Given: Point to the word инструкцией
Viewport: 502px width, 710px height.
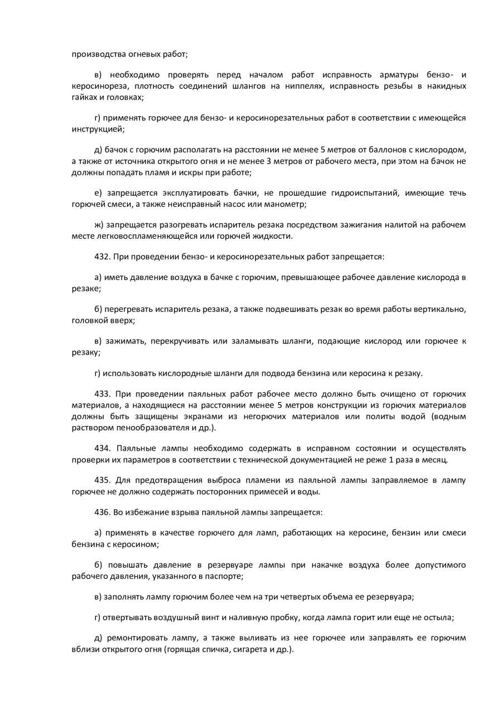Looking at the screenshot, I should [98, 129].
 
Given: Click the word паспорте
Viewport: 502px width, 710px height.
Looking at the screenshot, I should [225, 576].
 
